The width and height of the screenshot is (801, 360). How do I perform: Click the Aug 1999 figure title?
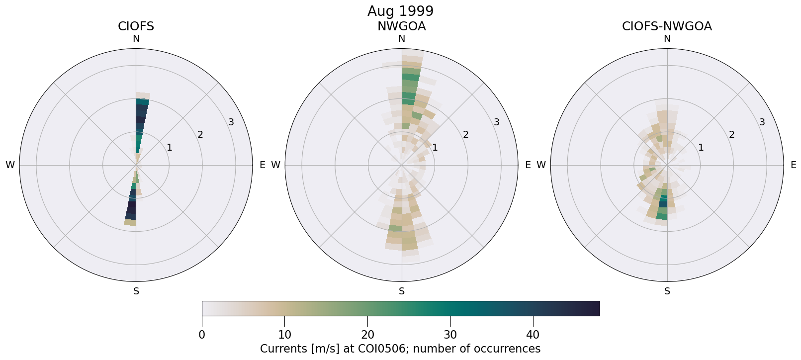pyautogui.click(x=400, y=11)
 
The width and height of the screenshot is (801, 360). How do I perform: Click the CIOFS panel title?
pyautogui.click(x=136, y=26)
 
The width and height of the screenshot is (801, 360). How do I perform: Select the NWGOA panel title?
pyautogui.click(x=401, y=26)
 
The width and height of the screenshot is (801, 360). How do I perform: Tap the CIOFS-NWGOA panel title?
pyautogui.click(x=667, y=26)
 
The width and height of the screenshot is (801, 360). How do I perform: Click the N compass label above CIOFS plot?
pyautogui.click(x=136, y=39)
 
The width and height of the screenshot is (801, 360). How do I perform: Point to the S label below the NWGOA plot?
pyautogui.click(x=402, y=291)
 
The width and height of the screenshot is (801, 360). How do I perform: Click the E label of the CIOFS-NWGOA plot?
pyautogui.click(x=794, y=165)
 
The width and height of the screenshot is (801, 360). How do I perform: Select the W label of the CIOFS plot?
pyautogui.click(x=10, y=165)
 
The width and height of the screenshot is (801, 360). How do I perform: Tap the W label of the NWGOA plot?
pyautogui.click(x=275, y=165)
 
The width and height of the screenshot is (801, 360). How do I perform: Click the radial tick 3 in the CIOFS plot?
pyautogui.click(x=231, y=122)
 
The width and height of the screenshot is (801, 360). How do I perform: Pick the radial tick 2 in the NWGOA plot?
pyautogui.click(x=466, y=135)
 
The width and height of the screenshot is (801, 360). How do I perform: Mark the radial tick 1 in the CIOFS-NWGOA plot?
pyautogui.click(x=701, y=147)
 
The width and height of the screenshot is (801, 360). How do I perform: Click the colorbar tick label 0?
pyautogui.click(x=202, y=335)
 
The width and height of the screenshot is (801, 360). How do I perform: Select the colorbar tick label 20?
pyautogui.click(x=367, y=335)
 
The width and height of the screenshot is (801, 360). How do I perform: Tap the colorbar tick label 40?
pyautogui.click(x=533, y=335)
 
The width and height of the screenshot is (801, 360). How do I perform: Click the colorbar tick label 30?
pyautogui.click(x=450, y=335)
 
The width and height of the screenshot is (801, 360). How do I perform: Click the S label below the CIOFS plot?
pyautogui.click(x=136, y=291)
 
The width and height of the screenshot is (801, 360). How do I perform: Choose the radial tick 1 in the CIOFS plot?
pyautogui.click(x=170, y=147)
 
